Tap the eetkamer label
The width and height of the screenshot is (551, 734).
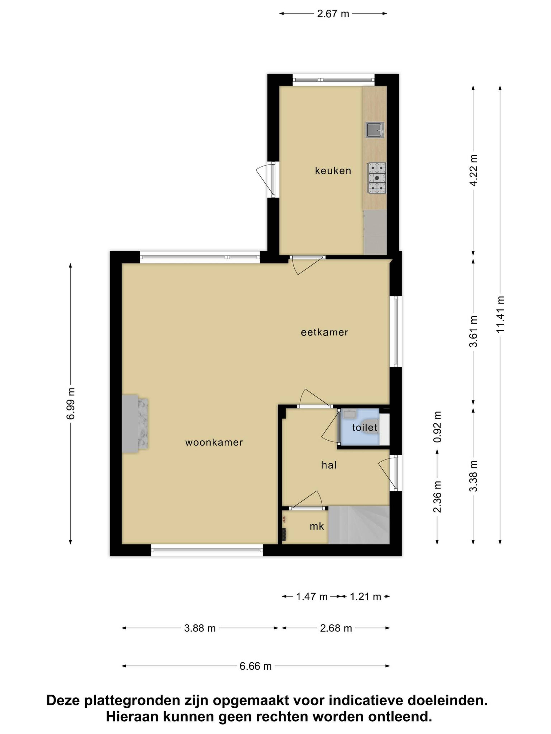tap(324, 332)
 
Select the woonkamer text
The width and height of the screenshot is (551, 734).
tap(214, 442)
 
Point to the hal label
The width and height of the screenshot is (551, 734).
tap(329, 465)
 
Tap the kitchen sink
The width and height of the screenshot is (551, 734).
tap(375, 130)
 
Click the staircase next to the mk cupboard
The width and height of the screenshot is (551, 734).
tap(359, 525)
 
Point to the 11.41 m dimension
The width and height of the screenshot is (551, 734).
tap(500, 314)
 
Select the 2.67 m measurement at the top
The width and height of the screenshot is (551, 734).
tap(333, 14)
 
